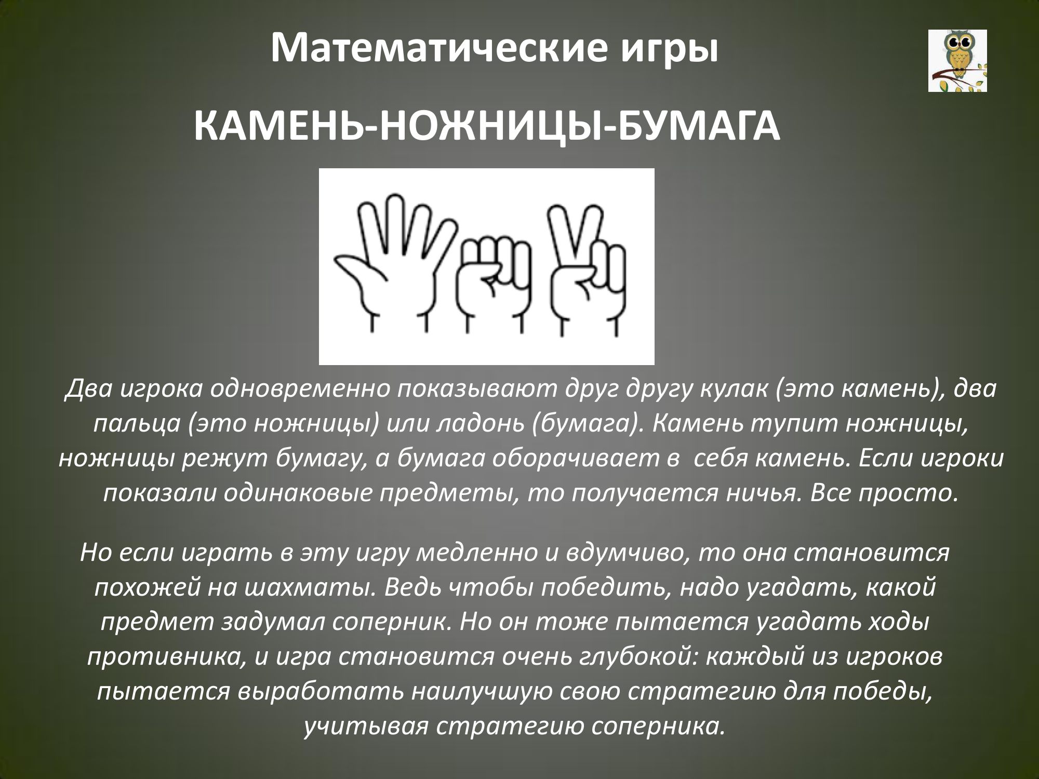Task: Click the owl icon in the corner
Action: pyautogui.click(x=957, y=61)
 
